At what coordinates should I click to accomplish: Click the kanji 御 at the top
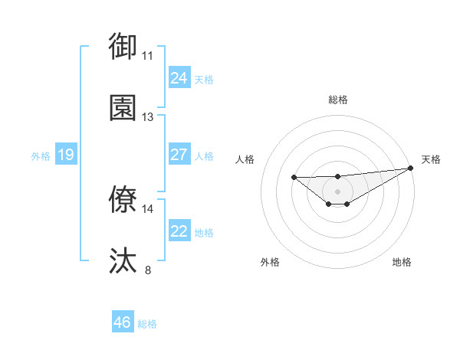(x=123, y=45)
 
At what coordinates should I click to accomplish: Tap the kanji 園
(x=123, y=107)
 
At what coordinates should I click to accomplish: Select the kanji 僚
(x=123, y=199)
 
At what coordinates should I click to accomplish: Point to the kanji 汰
(x=123, y=260)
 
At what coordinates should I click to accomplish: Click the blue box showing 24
(x=179, y=78)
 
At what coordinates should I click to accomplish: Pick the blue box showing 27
(x=179, y=155)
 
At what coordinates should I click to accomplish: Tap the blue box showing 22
(x=179, y=231)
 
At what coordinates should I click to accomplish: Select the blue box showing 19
(x=65, y=155)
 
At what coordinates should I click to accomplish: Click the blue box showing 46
(x=122, y=322)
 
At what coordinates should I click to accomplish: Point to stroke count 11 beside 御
(x=148, y=56)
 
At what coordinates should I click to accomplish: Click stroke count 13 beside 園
(x=148, y=117)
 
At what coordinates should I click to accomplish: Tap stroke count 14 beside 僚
(x=148, y=208)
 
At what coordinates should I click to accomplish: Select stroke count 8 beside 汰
(x=148, y=270)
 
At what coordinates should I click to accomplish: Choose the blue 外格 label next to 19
(x=41, y=156)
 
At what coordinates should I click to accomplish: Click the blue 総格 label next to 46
(x=147, y=324)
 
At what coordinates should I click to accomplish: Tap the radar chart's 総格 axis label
(x=338, y=100)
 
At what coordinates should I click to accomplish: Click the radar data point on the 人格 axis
(x=294, y=178)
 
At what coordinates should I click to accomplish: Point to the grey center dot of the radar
(x=338, y=191)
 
